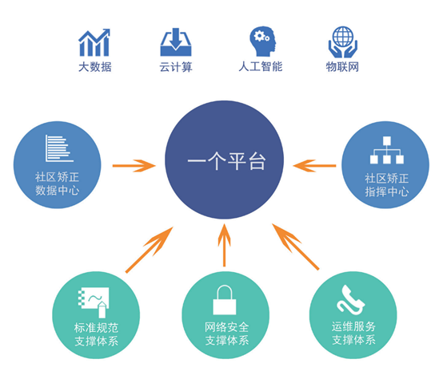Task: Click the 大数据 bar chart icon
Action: (x=94, y=42)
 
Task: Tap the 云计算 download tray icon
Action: (x=176, y=41)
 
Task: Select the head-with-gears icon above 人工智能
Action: (x=262, y=41)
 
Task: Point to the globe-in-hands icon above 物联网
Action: (x=343, y=41)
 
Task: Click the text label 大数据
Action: (x=95, y=67)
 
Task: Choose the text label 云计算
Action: (x=176, y=67)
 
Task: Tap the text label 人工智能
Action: (x=261, y=67)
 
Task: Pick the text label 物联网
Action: (x=342, y=67)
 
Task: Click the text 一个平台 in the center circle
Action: (x=226, y=161)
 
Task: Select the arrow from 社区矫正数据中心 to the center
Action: (x=134, y=165)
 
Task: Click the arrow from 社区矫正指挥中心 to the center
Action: (x=314, y=165)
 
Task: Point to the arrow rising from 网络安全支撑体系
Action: (x=225, y=245)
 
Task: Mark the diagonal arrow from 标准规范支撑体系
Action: (x=150, y=250)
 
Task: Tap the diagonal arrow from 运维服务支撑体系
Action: (x=296, y=247)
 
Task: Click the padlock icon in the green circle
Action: (x=225, y=300)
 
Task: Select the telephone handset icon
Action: (x=350, y=300)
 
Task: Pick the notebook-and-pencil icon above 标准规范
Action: (x=94, y=302)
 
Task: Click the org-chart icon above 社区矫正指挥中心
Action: (x=387, y=150)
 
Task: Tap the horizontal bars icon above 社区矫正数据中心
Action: (x=59, y=148)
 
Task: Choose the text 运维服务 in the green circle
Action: (x=353, y=327)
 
